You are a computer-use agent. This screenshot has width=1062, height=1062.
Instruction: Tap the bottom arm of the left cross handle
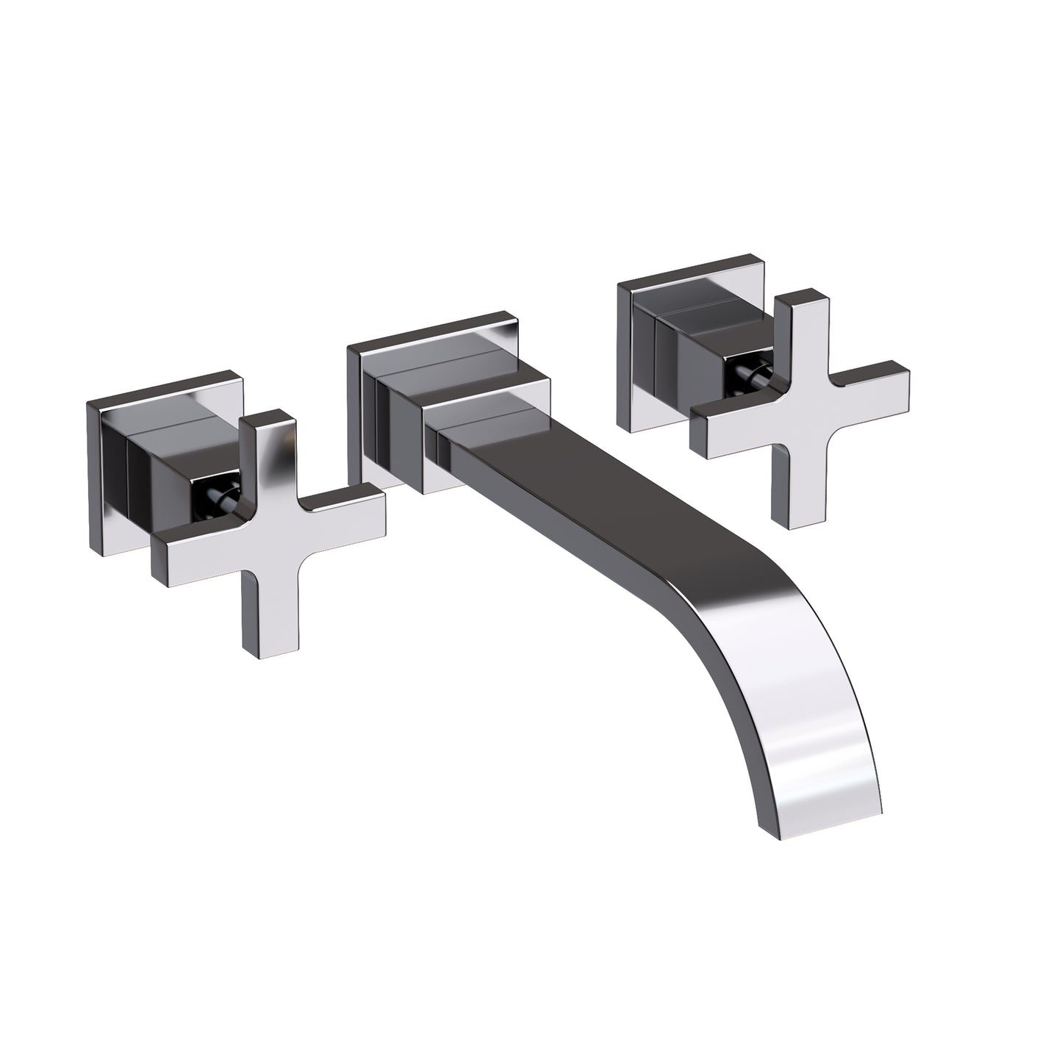click(x=262, y=603)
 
